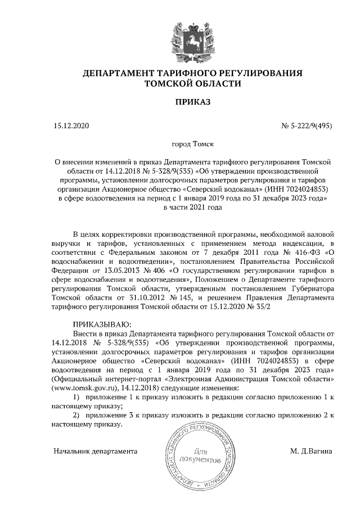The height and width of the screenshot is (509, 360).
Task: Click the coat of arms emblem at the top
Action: click(x=179, y=37)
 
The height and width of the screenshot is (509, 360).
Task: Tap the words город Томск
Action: click(x=180, y=144)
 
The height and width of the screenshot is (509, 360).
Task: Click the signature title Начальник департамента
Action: click(x=95, y=451)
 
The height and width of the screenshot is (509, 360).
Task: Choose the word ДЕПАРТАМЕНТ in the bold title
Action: click(x=126, y=73)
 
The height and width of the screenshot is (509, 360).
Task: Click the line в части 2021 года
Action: click(x=180, y=208)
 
